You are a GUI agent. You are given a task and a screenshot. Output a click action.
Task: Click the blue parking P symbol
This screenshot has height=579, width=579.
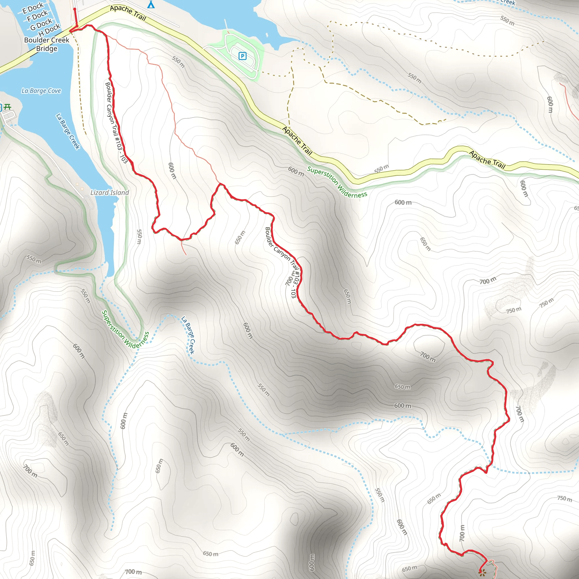[243, 56]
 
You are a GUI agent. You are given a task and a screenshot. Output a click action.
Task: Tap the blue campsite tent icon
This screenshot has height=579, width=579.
[151, 5]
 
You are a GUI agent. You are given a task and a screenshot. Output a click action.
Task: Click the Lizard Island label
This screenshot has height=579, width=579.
[110, 193]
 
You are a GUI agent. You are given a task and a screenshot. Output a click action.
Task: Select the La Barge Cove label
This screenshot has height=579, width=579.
[41, 91]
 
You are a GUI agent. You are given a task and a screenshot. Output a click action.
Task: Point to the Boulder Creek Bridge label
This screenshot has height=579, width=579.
[47, 44]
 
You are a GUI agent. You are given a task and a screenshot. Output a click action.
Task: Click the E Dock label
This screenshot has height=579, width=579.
[33, 8]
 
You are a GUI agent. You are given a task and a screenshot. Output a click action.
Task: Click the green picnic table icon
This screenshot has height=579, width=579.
[8, 107]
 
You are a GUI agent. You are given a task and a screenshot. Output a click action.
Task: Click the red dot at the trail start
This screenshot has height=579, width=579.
[75, 9]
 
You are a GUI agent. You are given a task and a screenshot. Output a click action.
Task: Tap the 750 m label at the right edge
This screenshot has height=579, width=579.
[565, 498]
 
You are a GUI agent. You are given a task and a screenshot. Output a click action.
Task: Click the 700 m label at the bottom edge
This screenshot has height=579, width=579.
[133, 572]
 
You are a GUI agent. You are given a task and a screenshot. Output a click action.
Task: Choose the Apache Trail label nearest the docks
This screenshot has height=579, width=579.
[128, 13]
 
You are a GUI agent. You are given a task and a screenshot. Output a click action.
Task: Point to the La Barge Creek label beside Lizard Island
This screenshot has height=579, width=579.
[68, 131]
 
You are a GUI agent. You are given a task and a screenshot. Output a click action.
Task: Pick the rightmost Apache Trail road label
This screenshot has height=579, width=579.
[487, 160]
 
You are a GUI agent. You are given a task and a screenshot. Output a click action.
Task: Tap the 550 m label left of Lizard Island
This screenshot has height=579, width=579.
[34, 259]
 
